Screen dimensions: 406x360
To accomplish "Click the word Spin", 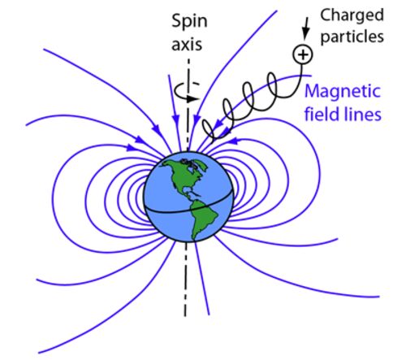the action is coord(189,22).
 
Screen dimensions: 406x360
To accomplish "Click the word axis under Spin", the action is coord(187,44).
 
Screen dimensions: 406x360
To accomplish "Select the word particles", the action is coord(352,37).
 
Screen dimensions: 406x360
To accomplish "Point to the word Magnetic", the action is coord(343,91).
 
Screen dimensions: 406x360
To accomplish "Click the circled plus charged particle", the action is coord(303,54).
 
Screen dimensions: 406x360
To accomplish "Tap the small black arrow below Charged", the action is coord(305,28).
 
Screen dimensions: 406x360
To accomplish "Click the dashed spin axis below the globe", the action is coord(186,279).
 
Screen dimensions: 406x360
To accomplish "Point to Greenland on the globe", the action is coord(196,163).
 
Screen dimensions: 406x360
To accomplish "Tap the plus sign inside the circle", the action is coord(303,54).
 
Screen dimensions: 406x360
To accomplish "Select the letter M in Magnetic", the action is coord(312,91).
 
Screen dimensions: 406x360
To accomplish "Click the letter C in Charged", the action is coord(326,15).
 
